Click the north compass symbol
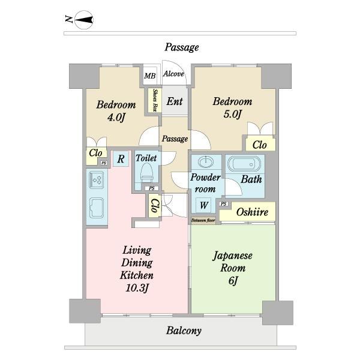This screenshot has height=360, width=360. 84,20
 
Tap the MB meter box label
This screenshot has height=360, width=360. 149,76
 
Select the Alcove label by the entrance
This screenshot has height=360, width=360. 173,74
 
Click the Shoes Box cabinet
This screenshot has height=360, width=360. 155,100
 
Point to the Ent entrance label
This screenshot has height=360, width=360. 175,101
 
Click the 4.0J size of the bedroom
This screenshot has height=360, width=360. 116,118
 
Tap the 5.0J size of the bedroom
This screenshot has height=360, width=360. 233,114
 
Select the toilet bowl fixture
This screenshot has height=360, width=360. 147,173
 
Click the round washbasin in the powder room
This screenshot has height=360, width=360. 206,162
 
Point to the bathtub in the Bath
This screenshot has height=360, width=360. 244,164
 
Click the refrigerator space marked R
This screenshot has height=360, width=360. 121,158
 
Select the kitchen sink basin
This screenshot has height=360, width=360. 97,208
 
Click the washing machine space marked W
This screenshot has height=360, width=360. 204,205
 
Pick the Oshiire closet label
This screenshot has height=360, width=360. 252,212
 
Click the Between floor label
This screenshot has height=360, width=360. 203,220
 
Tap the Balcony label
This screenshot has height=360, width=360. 184,331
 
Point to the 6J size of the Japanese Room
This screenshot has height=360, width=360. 233,281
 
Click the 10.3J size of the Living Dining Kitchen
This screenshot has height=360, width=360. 137,288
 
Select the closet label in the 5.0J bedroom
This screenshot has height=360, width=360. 259,145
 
